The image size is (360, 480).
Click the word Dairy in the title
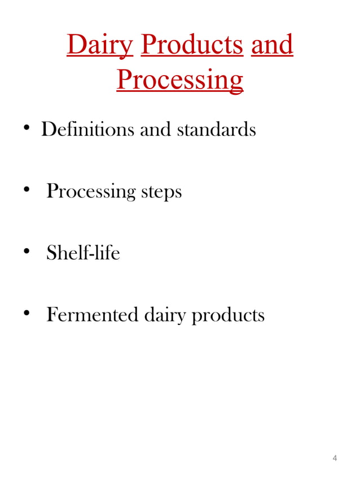(99, 45)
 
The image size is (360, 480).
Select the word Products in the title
(192, 45)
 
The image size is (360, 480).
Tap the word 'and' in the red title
(272, 45)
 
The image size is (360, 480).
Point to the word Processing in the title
(180, 80)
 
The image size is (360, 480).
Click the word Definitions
(87, 130)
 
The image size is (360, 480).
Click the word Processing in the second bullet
(91, 192)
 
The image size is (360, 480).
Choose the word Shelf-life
(83, 253)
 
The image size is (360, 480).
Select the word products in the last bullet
(228, 315)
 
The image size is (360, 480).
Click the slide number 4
(335, 457)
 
